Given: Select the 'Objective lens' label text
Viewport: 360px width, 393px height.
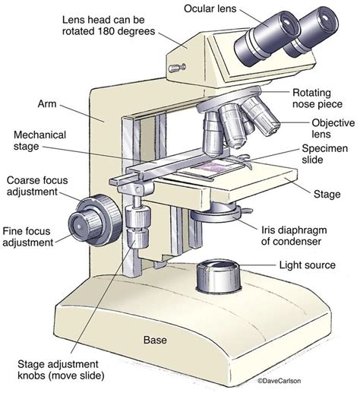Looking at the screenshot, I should pyautogui.click(x=330, y=128).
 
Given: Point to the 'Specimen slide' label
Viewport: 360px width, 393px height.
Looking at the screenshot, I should pyautogui.click(x=330, y=156).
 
